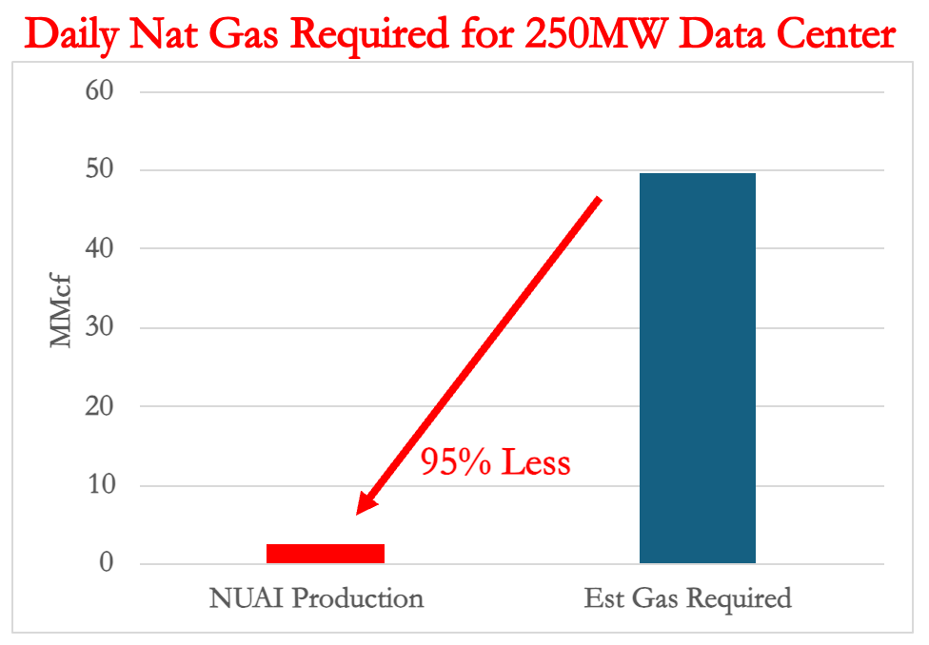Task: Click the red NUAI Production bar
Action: pos(325,553)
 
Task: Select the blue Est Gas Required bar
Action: pos(697,368)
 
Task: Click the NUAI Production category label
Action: pos(316,598)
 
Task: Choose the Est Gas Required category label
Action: pos(687,598)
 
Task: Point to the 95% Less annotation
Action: pos(496,462)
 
